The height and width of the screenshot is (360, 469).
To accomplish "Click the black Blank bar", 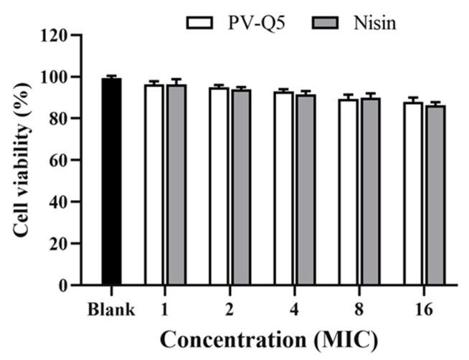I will [111, 182].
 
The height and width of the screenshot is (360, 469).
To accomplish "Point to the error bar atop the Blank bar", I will [111, 76].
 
